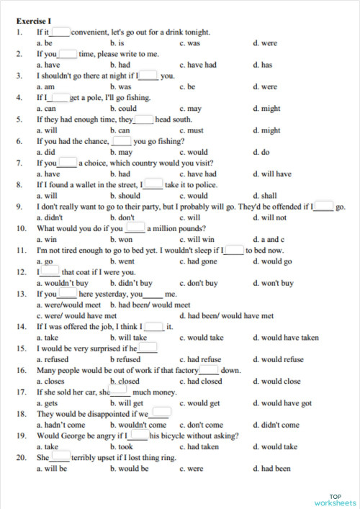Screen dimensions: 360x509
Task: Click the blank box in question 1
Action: (60, 32)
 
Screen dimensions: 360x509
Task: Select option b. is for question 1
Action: (117, 43)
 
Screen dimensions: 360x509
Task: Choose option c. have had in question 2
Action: (198, 65)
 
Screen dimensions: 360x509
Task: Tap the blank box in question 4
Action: (59, 97)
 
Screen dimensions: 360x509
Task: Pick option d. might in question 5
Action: (267, 130)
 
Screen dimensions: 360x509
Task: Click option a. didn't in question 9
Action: (50, 217)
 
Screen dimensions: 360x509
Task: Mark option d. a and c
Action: (267, 239)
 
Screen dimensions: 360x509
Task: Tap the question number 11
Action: (21, 250)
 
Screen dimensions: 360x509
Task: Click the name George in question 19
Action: (78, 436)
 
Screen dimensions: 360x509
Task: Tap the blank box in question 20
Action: (60, 457)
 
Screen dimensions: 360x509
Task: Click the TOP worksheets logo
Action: (335, 499)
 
